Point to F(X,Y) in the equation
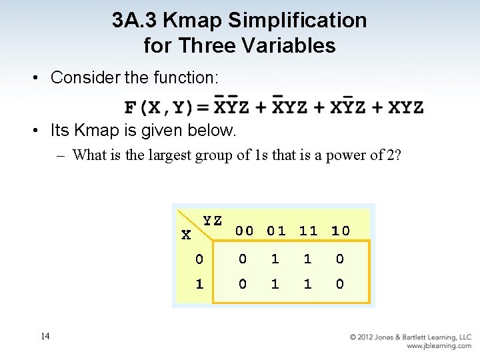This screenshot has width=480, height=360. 158,107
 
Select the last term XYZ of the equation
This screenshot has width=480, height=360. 405,107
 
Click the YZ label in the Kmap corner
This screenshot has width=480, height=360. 212,221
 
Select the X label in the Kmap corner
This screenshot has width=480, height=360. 186,235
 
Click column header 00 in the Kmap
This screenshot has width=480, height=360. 244,231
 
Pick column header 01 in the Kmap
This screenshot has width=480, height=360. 276,231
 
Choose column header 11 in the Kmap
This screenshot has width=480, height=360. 308,231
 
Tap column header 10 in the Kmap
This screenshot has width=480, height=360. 340,231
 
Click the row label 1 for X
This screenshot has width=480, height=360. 199,284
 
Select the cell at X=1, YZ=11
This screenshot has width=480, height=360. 308,284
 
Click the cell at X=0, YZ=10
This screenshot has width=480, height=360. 340,259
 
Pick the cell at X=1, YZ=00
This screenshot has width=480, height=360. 243,284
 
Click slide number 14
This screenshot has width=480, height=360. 45,336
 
